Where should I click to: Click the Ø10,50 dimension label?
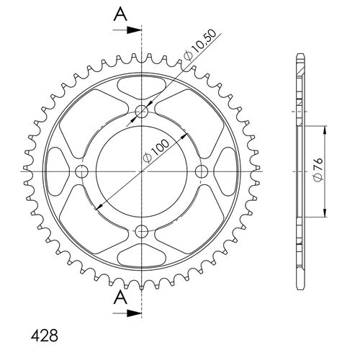pos(200,45)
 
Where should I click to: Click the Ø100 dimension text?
pos(156,151)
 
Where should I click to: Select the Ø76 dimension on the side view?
pos(318,169)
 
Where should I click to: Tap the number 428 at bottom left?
pos(45,336)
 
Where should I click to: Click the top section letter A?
pos(120,14)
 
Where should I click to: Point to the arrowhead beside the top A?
pos(134,30)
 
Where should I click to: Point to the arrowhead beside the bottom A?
pos(134,313)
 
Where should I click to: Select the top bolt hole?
pos(142,112)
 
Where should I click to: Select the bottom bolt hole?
pos(142,231)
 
